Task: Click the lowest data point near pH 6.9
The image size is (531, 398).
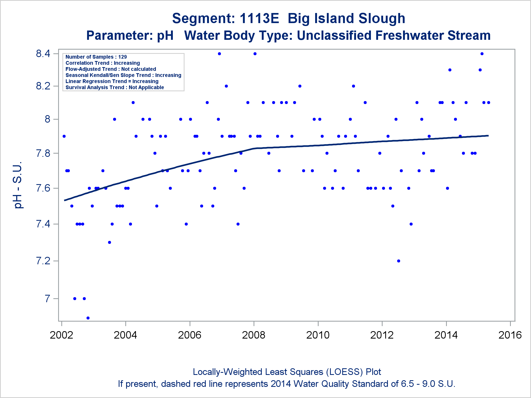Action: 88,318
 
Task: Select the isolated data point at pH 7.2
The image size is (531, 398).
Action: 399,261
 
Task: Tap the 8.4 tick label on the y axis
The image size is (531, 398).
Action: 43,54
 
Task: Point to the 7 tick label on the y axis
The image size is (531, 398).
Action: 47,298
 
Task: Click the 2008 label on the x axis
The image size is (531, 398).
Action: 254,335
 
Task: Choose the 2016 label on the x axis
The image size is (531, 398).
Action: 510,335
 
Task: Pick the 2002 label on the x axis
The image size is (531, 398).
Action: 61,335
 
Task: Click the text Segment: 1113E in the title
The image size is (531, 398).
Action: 225,19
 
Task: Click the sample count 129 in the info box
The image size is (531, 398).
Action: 122,57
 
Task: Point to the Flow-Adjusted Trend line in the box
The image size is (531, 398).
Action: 111,69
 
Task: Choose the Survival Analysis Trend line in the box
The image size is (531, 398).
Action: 115,87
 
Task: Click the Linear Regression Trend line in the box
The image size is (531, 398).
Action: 112,81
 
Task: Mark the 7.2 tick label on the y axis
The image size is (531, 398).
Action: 43,261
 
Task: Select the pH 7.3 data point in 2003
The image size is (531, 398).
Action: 109,242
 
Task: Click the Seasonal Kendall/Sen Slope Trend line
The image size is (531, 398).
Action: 123,75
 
